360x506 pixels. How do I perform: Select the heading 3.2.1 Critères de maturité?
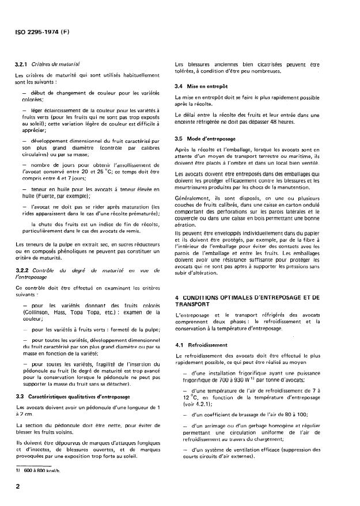coord(47,66)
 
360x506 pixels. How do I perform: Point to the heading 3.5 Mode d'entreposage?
coord(207,138)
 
